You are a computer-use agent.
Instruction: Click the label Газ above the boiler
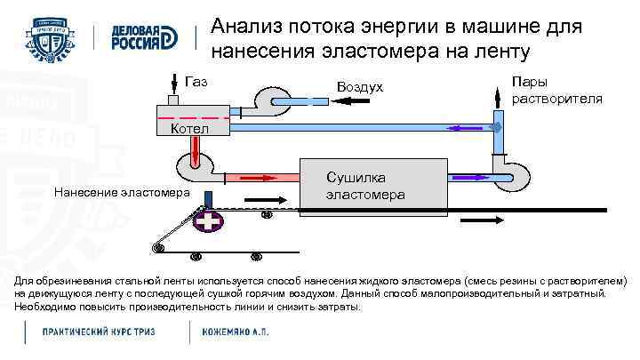196,82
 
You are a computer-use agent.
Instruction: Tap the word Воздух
360,87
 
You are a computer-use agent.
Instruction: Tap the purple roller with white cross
211,220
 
